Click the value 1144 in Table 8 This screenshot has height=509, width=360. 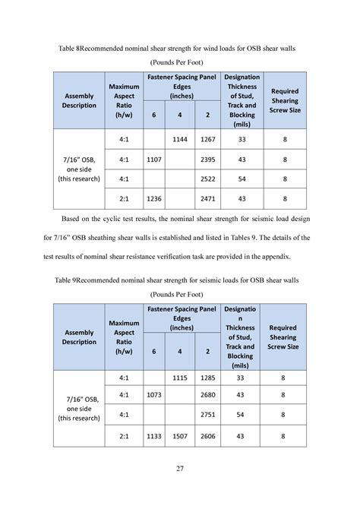point(180,141)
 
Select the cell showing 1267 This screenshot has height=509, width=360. point(207,141)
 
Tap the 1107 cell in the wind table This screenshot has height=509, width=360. point(154,160)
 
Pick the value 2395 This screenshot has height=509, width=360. point(207,160)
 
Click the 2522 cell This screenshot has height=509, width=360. point(207,179)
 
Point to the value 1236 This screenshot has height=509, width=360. point(154,198)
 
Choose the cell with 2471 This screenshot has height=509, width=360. point(207,198)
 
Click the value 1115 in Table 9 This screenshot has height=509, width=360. point(180,378)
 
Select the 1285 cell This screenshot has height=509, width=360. point(207,378)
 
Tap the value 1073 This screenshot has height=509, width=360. point(154,396)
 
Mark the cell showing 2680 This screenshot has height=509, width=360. point(207,396)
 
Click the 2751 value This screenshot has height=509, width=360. point(207,416)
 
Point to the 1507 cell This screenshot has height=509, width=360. point(180,436)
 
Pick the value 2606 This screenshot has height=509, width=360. point(207,436)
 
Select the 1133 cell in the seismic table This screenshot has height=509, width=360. point(154,436)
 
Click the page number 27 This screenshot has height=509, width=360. point(180,468)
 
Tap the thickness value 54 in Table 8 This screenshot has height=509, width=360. point(242,179)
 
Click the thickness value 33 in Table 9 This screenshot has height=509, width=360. point(242,378)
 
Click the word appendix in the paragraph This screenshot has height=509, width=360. point(292,253)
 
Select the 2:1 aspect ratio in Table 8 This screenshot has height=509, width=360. point(125,198)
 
